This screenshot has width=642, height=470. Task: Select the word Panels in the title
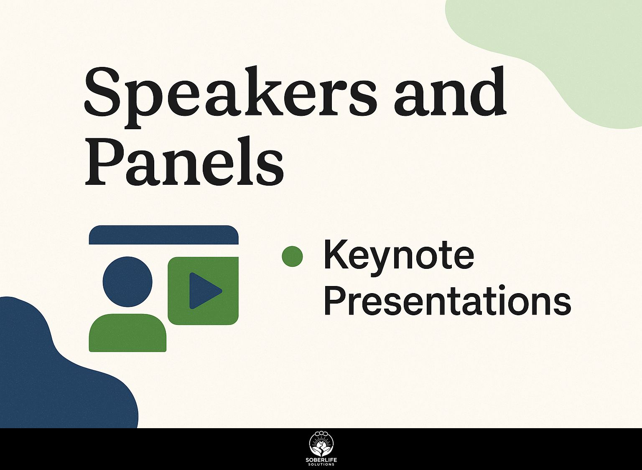pyautogui.click(x=184, y=161)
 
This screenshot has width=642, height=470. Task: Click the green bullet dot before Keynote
pyautogui.click(x=292, y=256)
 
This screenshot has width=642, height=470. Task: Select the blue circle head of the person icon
pyautogui.click(x=127, y=281)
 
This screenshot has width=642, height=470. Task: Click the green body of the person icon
pyautogui.click(x=127, y=333)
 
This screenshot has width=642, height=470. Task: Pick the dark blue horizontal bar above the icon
pyautogui.click(x=164, y=235)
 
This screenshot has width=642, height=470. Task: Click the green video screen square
pyautogui.click(x=203, y=291)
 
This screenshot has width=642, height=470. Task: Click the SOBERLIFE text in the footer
pyautogui.click(x=321, y=460)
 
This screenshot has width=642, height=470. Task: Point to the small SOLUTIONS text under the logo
pyautogui.click(x=321, y=465)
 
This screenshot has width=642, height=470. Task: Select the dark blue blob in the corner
pyautogui.click(x=57, y=373)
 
